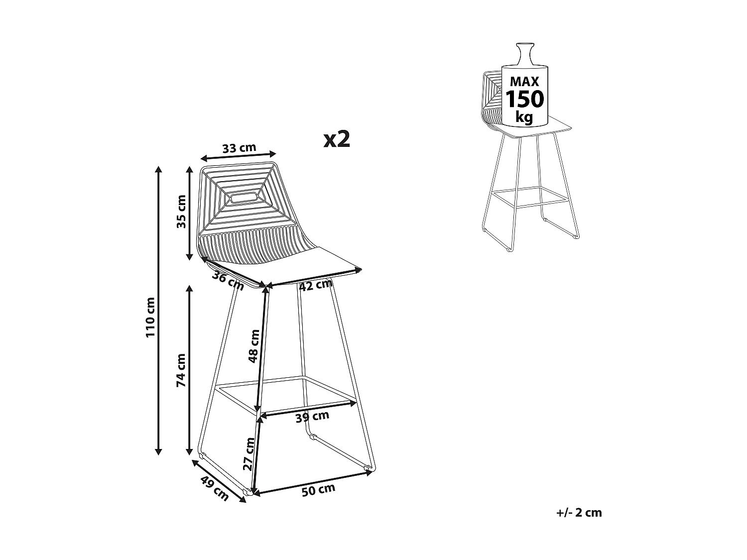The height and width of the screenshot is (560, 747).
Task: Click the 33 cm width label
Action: click(x=239, y=148)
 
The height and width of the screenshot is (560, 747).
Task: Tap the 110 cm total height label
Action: click(x=151, y=318)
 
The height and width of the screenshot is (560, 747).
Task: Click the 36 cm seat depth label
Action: click(x=228, y=281)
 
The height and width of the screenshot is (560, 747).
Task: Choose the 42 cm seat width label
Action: click(x=316, y=285)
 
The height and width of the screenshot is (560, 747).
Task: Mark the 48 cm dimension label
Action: click(x=254, y=346)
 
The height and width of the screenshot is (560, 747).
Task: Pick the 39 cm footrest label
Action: click(x=312, y=416)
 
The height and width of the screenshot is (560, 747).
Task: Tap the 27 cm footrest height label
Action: click(x=249, y=454)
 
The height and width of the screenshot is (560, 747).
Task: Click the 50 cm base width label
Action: click(x=318, y=490)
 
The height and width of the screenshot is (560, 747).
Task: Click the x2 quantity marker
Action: click(x=337, y=139)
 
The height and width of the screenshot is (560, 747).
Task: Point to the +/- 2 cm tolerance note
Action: click(x=579, y=513)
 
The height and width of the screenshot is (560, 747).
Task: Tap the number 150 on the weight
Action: click(x=525, y=100)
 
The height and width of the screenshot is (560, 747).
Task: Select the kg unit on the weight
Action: click(x=524, y=117)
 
